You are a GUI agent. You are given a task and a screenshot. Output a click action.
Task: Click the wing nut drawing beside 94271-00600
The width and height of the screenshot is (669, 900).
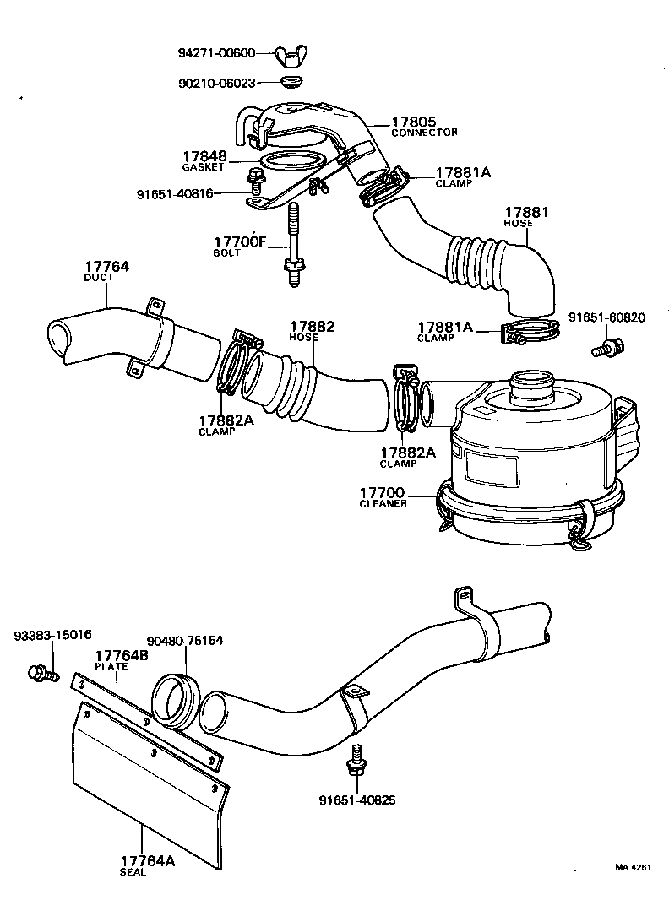click(x=291, y=57)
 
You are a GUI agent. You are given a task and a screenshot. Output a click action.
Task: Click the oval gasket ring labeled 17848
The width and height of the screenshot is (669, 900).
click(x=291, y=161)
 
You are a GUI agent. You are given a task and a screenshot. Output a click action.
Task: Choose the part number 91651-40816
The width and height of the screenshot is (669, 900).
click(x=175, y=192)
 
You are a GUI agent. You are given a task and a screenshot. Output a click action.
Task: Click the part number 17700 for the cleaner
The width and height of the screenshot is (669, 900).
click(x=382, y=492)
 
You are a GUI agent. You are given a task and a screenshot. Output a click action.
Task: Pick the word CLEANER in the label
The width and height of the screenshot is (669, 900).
click(x=383, y=503)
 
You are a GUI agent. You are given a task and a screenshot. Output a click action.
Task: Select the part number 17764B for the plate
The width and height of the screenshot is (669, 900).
click(x=122, y=655)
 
